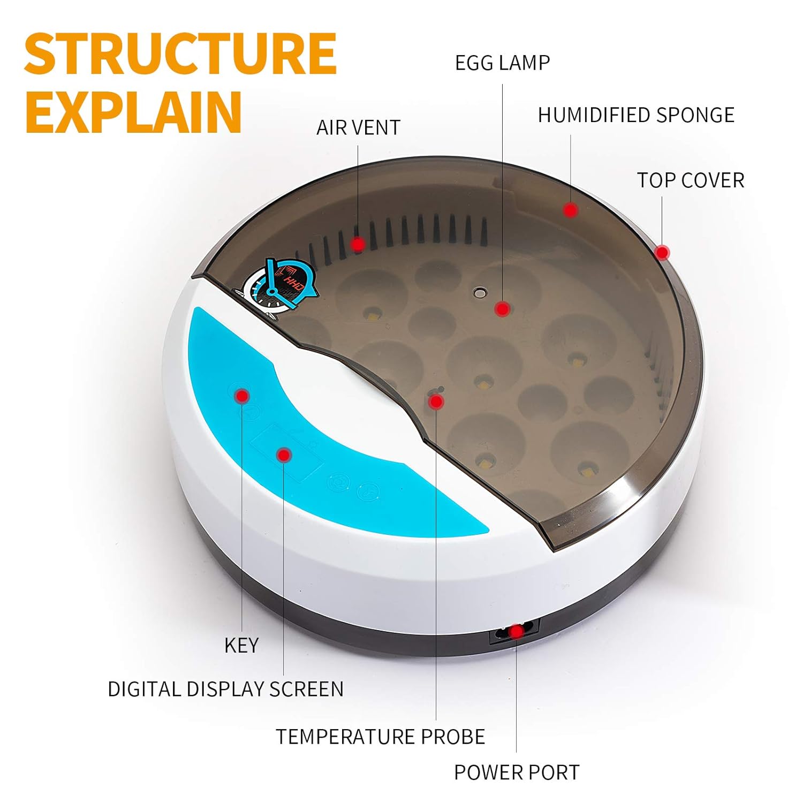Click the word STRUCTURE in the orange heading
click(x=180, y=54)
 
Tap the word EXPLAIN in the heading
click(x=133, y=112)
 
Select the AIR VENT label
click(x=358, y=127)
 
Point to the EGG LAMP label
click(x=502, y=63)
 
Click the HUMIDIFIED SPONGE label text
click(x=636, y=115)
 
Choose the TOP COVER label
click(x=691, y=180)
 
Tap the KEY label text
click(x=241, y=646)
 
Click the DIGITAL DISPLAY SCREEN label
click(x=225, y=689)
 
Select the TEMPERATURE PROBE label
click(x=381, y=737)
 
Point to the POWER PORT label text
click(x=517, y=772)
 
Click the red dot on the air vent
click(x=358, y=245)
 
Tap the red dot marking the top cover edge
click(x=662, y=252)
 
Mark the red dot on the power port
click(x=516, y=632)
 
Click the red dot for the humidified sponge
click(x=571, y=210)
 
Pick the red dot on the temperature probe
click(x=436, y=401)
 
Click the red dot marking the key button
click(x=243, y=396)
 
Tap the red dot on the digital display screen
click(x=284, y=455)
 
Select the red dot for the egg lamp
click(x=502, y=308)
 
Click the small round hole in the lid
click(x=479, y=292)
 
